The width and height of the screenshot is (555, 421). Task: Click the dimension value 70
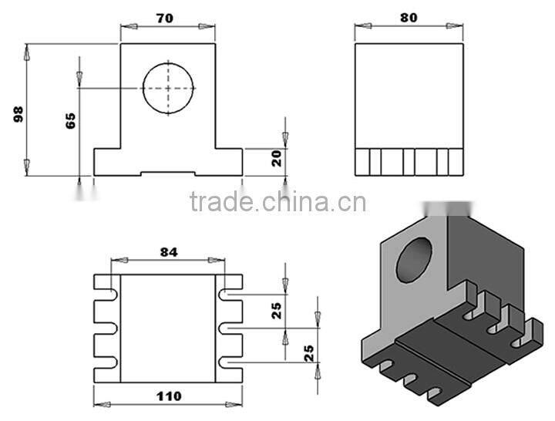pyautogui.click(x=165, y=17)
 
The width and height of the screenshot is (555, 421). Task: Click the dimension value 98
pyautogui.click(x=19, y=114)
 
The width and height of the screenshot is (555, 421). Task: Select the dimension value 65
pyautogui.click(x=70, y=120)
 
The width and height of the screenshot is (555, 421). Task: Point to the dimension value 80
pyautogui.click(x=409, y=17)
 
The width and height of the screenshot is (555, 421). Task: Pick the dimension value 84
pyautogui.click(x=169, y=251)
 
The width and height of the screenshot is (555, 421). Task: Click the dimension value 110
pyautogui.click(x=168, y=396)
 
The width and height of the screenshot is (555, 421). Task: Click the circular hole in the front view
pyautogui.click(x=169, y=88)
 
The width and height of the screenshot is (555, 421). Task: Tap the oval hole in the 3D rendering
pyautogui.click(x=414, y=258)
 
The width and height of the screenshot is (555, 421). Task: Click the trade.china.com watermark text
pyautogui.click(x=277, y=203)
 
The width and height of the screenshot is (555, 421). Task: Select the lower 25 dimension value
pyautogui.click(x=308, y=352)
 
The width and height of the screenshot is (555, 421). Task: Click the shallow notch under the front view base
pyautogui.click(x=169, y=173)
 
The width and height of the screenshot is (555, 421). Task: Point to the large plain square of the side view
pyautogui.click(x=409, y=95)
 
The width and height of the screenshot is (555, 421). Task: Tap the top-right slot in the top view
pyautogui.click(x=230, y=295)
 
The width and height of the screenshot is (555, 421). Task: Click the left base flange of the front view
pyautogui.click(x=108, y=161)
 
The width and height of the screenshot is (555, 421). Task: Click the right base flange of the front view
pyautogui.click(x=228, y=161)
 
